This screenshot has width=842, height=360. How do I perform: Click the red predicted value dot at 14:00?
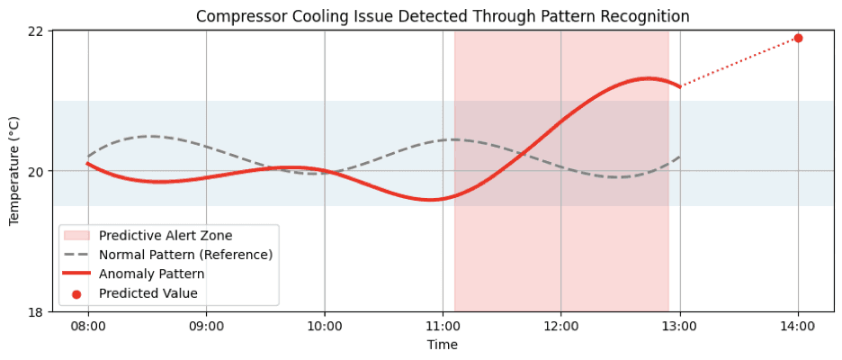[x=798, y=38]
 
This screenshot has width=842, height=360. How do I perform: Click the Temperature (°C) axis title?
[x=13, y=171]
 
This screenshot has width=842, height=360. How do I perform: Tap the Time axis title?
[x=443, y=345]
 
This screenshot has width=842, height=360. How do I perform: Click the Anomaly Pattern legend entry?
[x=152, y=274]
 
